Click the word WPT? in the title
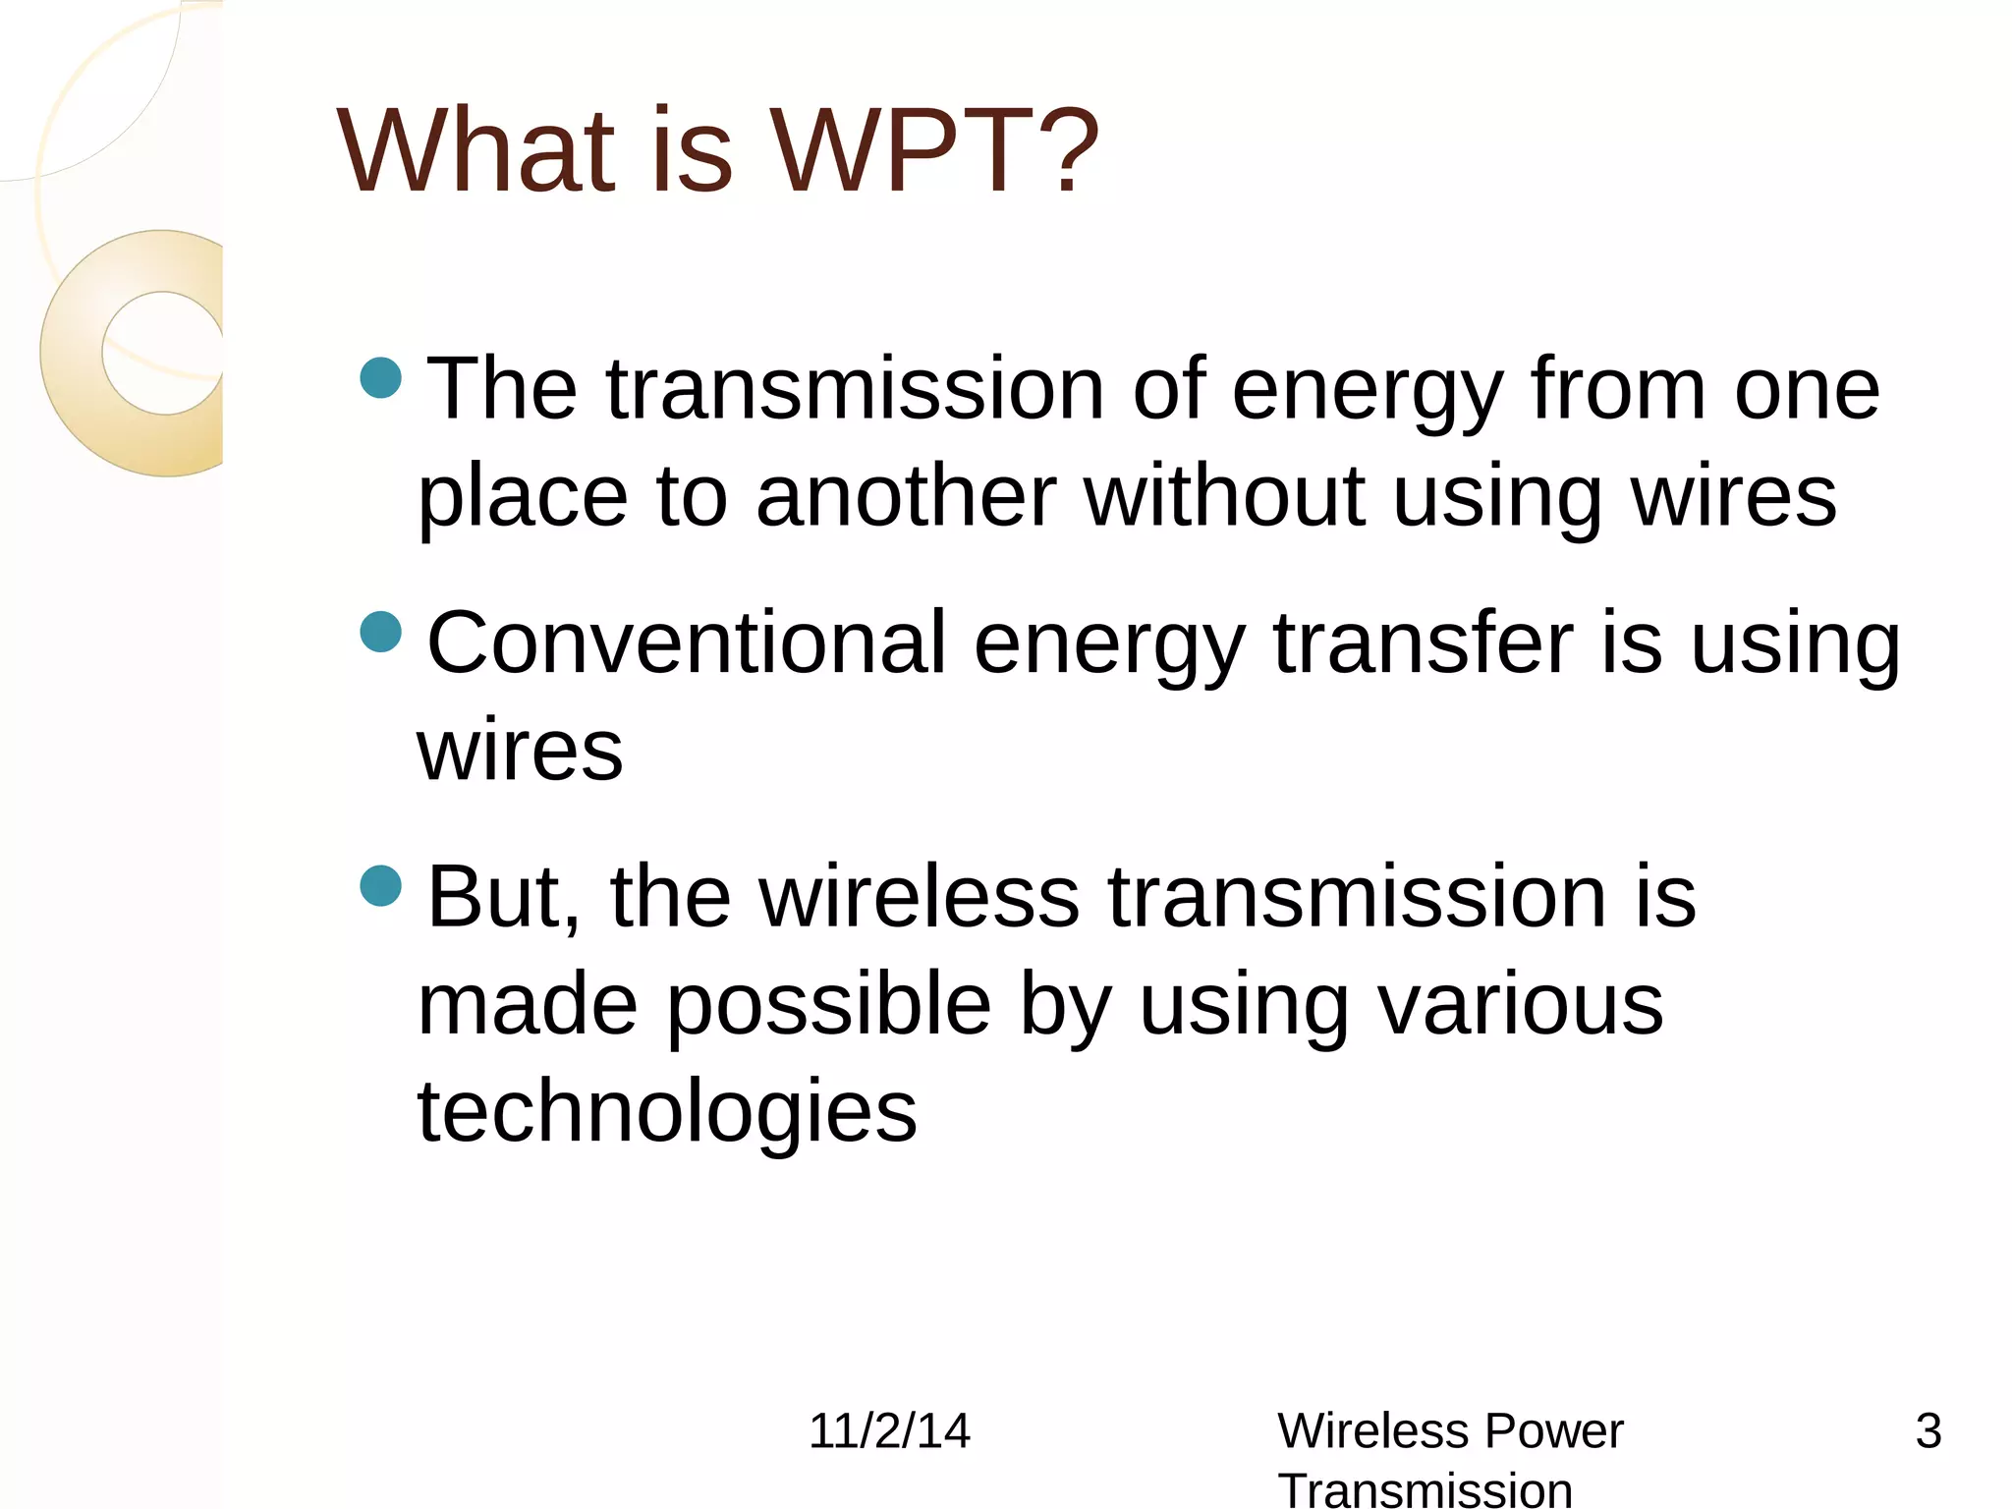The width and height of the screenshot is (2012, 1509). tap(933, 152)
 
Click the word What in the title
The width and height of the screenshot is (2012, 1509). tap(476, 152)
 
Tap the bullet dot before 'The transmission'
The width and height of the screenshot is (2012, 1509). tap(381, 377)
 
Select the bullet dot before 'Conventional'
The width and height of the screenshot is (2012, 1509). tap(381, 632)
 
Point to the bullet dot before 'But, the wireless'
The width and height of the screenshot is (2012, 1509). tap(381, 885)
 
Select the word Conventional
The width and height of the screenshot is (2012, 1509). tap(687, 643)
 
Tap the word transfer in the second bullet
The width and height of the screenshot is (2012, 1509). tap(1424, 643)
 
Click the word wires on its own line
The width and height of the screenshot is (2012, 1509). tap(520, 752)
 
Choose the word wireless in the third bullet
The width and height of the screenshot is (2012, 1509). tap(919, 897)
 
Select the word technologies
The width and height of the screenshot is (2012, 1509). tap(667, 1112)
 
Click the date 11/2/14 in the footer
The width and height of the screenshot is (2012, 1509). tap(888, 1431)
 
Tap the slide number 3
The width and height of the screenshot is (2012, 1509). tap(1928, 1431)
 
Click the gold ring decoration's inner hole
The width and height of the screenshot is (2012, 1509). tap(162, 353)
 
